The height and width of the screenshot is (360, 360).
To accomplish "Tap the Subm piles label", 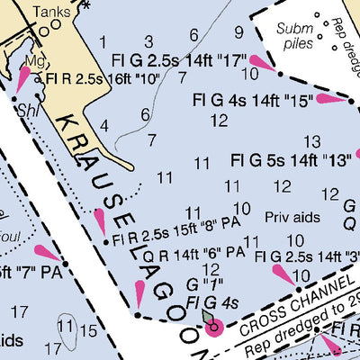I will pyautogui.click(x=293, y=37).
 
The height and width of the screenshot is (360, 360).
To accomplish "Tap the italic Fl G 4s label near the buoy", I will pyautogui.click(x=211, y=302).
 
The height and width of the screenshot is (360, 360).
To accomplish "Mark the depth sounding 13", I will pyautogui.click(x=311, y=141).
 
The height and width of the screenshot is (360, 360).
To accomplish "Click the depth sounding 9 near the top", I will pyautogui.click(x=238, y=33).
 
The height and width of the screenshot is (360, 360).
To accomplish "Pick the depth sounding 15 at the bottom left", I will pyautogui.click(x=87, y=330).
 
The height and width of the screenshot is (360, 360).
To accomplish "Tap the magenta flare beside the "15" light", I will pyautogui.click(x=329, y=99).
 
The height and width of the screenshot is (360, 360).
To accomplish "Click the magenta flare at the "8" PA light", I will pyautogui.click(x=100, y=219).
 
